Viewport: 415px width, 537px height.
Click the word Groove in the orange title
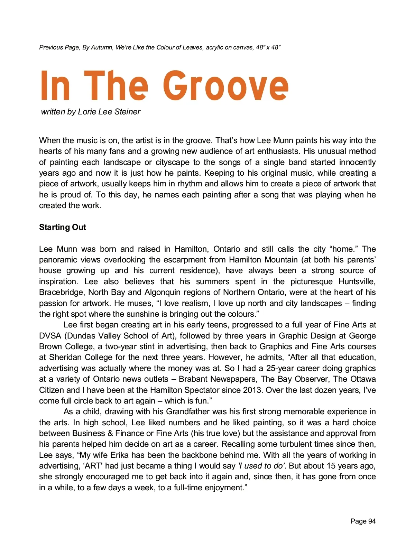pyautogui.click(x=225, y=86)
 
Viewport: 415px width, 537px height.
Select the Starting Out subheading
pyautogui.click(x=62, y=227)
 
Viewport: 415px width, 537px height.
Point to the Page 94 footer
pyautogui.click(x=363, y=521)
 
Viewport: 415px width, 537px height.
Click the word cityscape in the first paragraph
pyautogui.click(x=172, y=162)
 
